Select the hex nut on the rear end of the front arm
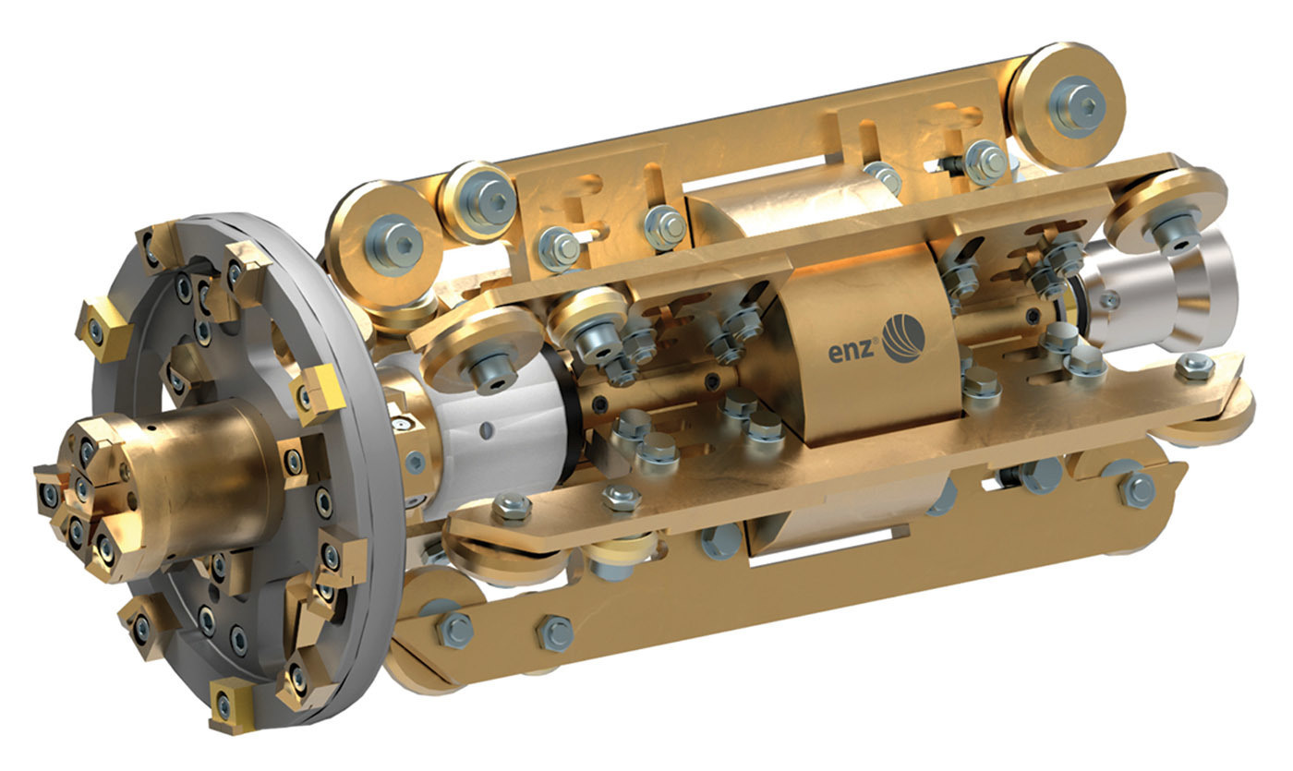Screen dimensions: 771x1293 tap(1193, 367)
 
